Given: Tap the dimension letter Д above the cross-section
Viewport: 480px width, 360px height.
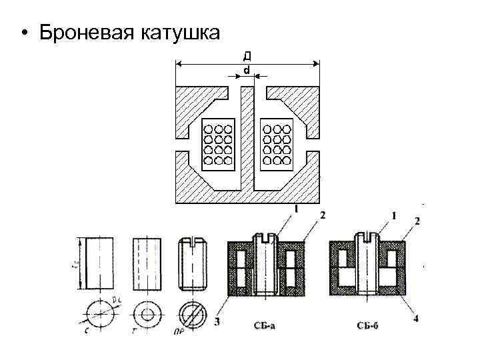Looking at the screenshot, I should pyautogui.click(x=247, y=55).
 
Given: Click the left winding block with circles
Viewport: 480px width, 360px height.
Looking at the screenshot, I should pyautogui.click(x=218, y=144).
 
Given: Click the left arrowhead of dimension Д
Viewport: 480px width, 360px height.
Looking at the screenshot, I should pyautogui.click(x=178, y=64).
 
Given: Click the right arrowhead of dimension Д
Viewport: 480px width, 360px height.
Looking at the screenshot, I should pyautogui.click(x=317, y=64).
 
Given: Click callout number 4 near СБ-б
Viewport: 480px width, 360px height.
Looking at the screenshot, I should pyautogui.click(x=416, y=319).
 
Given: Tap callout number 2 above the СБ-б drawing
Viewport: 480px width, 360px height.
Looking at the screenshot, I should pyautogui.click(x=417, y=220).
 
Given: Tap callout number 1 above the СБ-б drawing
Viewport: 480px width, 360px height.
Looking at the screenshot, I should pyautogui.click(x=394, y=216).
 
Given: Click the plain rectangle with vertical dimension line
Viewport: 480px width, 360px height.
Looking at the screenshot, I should pyautogui.click(x=98, y=263).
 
